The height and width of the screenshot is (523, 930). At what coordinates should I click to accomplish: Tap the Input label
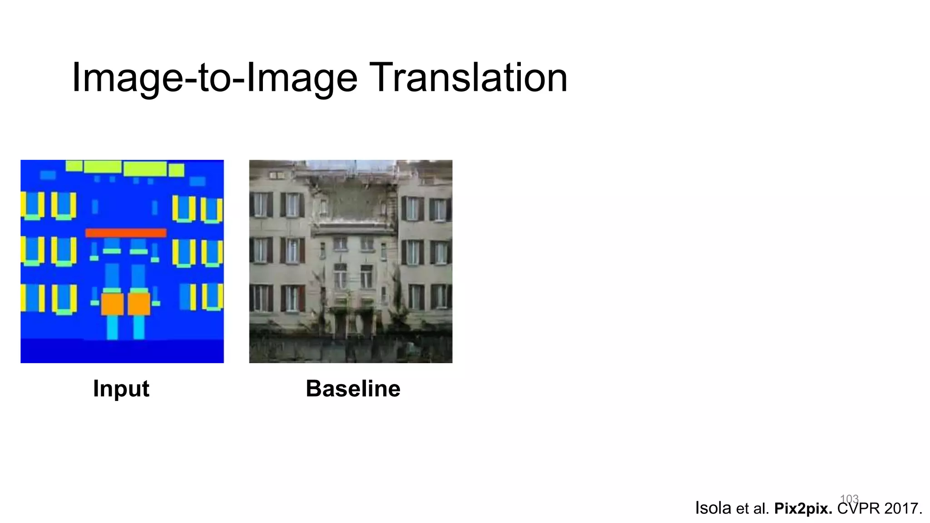[121, 389]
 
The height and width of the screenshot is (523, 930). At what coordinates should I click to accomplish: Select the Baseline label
[353, 389]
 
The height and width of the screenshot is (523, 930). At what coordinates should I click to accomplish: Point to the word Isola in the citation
[713, 508]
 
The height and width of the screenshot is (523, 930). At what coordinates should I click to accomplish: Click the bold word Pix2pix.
[803, 508]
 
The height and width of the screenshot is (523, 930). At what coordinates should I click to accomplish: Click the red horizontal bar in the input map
[126, 233]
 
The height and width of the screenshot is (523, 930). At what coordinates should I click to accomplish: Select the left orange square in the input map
[112, 304]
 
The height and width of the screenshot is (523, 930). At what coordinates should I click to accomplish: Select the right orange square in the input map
[139, 304]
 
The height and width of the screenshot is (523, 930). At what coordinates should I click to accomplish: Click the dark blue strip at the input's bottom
[122, 351]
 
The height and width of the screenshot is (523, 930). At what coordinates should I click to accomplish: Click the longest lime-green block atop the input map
[145, 169]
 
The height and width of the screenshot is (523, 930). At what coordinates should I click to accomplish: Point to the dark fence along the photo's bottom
[350, 350]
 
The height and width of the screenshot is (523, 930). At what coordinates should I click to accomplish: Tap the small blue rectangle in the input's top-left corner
[48, 175]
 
